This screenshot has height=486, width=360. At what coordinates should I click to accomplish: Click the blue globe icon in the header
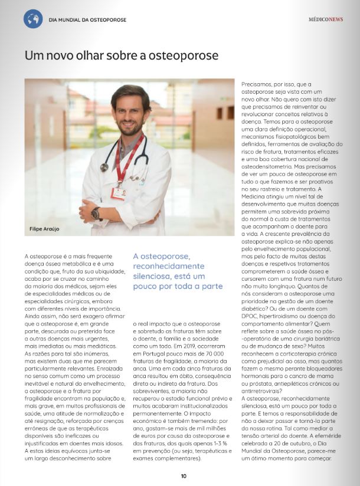click(x=33, y=19)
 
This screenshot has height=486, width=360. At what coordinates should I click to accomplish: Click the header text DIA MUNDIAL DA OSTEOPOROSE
click(x=87, y=19)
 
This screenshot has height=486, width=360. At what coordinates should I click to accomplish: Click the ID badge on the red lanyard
click(x=119, y=193)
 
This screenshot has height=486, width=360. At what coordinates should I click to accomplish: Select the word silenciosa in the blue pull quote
click(x=156, y=277)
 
